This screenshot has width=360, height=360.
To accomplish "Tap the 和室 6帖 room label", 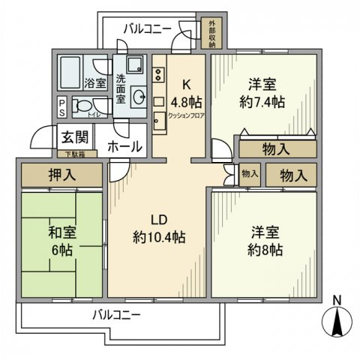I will coord(60,238).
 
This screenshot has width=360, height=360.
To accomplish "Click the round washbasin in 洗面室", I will coord(138,96).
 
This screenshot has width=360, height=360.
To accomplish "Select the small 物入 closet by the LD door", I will coord(250,174).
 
